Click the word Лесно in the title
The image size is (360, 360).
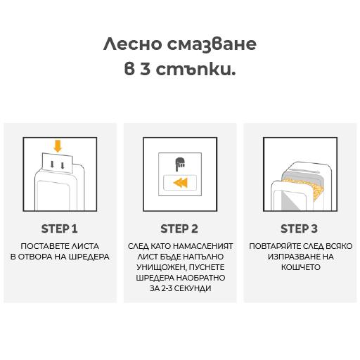pyautogui.click(x=132, y=44)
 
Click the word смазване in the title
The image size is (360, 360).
pyautogui.click(x=212, y=44)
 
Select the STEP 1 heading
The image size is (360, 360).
pyautogui.click(x=59, y=229)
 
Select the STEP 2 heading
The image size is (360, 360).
pyautogui.click(x=179, y=229)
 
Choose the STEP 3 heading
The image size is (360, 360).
pyautogui.click(x=299, y=229)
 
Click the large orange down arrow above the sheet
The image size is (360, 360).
pyautogui.click(x=58, y=146)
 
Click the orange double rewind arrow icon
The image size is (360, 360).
pyautogui.click(x=180, y=183)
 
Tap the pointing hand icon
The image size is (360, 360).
pyautogui.click(x=180, y=165)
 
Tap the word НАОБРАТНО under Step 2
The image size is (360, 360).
pyautogui.click(x=200, y=278)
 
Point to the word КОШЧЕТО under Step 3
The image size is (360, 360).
pyautogui.click(x=301, y=267)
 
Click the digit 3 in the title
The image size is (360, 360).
pyautogui.click(x=146, y=70)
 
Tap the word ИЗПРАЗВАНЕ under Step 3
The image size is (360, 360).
pyautogui.click(x=291, y=257)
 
